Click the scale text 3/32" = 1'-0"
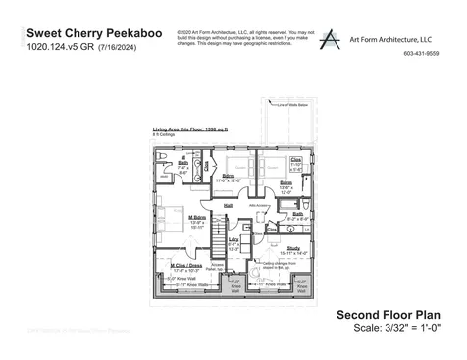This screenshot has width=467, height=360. click(408, 327)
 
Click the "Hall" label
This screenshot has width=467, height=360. click(228, 205)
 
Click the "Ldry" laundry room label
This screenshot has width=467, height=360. click(233, 240)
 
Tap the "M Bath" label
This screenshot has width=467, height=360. click(182, 158)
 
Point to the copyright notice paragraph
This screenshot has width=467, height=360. click(241, 38)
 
